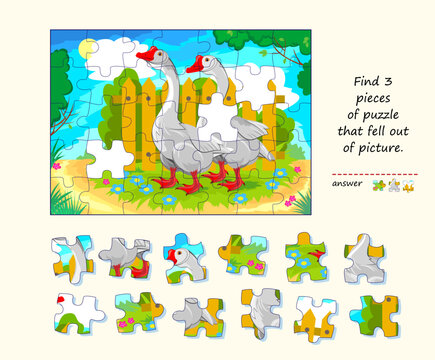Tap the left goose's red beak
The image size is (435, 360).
[146, 56]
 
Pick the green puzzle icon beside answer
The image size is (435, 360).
[378, 185]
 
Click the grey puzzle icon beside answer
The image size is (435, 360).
[393, 185]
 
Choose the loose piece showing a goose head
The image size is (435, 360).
[186, 256]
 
